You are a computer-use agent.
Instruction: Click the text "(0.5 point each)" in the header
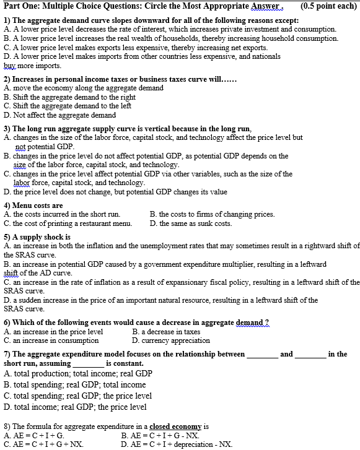(328, 6)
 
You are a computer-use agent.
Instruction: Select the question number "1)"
(7, 20)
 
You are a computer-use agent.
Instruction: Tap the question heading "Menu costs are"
(38, 205)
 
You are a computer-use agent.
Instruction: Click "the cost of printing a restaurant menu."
(72, 223)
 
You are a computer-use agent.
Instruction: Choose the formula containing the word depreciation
(177, 444)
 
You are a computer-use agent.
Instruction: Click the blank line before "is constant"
(88, 363)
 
